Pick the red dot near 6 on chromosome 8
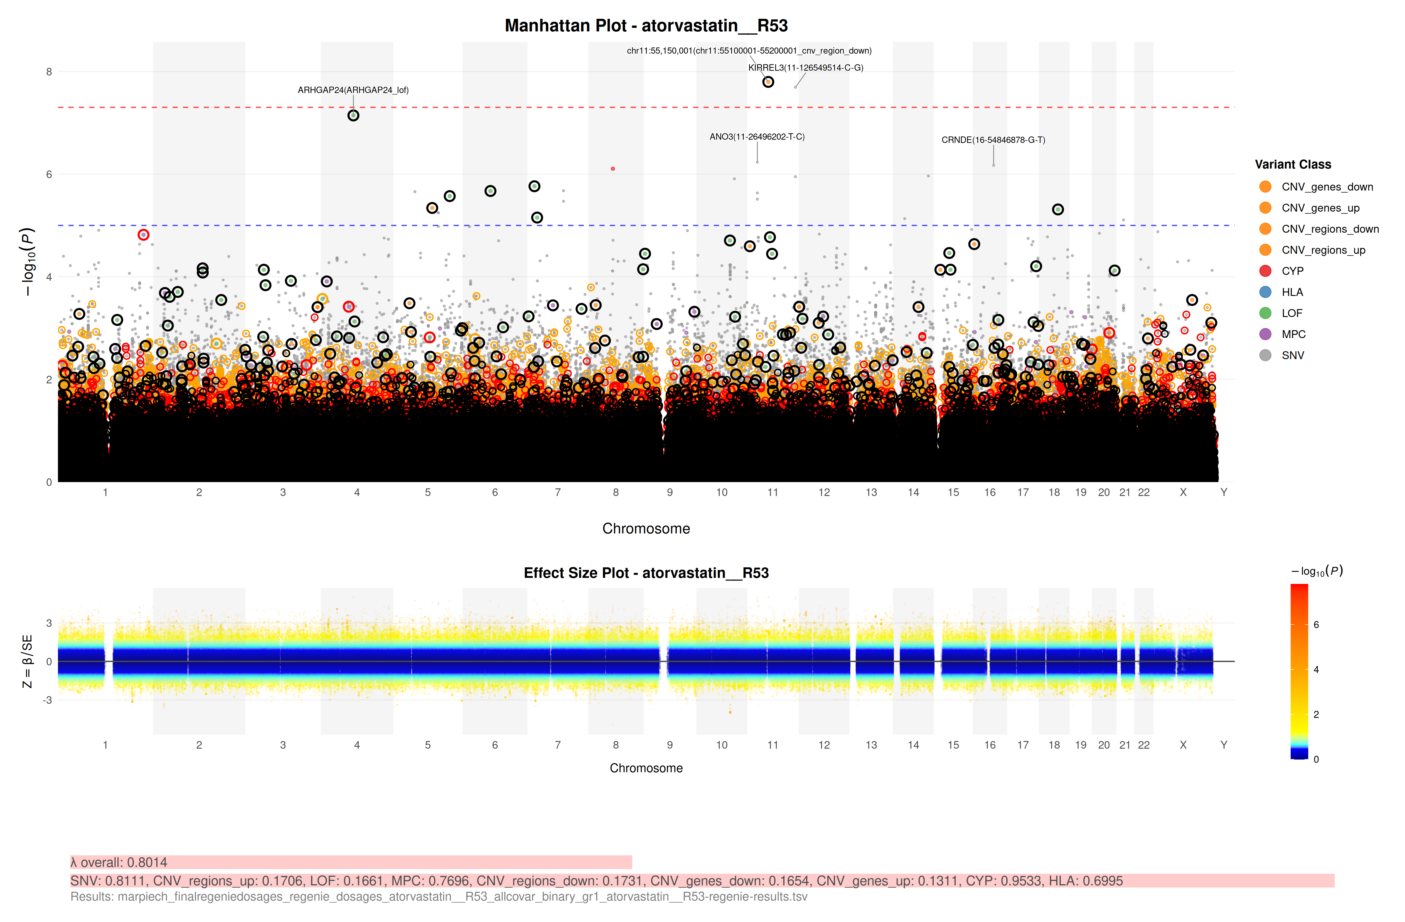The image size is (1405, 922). click(x=613, y=169)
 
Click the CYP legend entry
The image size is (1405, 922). click(x=1292, y=271)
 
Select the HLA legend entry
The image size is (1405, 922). click(x=1292, y=292)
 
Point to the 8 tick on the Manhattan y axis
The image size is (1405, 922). click(x=49, y=72)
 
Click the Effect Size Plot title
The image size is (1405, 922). click(x=646, y=573)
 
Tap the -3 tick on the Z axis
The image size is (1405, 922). click(x=47, y=700)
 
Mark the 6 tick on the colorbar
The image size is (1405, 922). click(x=1316, y=625)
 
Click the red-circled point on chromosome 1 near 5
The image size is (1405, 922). click(x=143, y=235)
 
